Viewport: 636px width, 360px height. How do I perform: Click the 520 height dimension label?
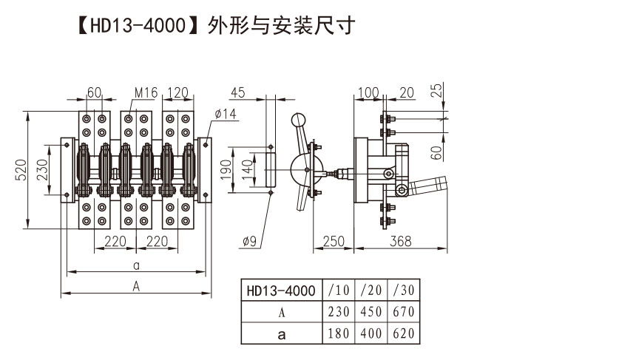click(x=21, y=171)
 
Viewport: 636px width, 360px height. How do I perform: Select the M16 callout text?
click(x=146, y=93)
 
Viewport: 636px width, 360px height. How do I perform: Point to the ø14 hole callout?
click(x=225, y=113)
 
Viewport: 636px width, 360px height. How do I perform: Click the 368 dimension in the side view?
click(x=401, y=241)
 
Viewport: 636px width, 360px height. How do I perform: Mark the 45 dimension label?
click(x=237, y=93)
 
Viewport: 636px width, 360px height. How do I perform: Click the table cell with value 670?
click(x=405, y=312)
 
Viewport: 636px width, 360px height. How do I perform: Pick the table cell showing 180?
click(x=339, y=333)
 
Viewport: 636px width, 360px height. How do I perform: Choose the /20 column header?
click(x=371, y=291)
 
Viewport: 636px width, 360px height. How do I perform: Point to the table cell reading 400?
click(x=371, y=333)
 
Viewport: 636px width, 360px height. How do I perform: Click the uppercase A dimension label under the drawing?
click(x=136, y=286)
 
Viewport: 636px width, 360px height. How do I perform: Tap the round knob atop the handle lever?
click(x=298, y=120)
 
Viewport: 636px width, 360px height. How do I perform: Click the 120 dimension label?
click(x=177, y=93)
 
